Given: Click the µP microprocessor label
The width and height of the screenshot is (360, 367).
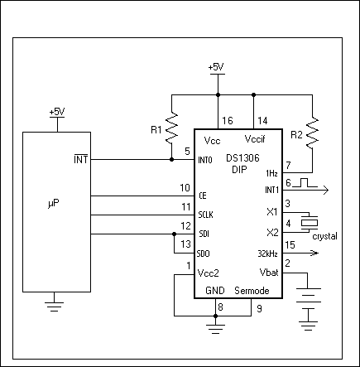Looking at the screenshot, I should [x=52, y=201].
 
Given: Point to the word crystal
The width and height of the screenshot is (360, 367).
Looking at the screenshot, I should [x=325, y=236].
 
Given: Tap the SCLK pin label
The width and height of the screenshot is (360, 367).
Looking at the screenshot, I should [x=207, y=215].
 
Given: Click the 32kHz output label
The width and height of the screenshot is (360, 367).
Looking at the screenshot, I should [x=267, y=253].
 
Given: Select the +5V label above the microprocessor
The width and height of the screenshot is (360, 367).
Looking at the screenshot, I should [x=56, y=110].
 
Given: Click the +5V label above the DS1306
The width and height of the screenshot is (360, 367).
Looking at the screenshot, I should [x=216, y=66].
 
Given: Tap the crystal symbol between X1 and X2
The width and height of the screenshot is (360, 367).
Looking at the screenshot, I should [x=309, y=222].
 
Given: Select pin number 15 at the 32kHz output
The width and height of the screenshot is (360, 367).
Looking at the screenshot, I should [x=290, y=244].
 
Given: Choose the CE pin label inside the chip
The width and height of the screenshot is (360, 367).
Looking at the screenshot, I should [x=204, y=196].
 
